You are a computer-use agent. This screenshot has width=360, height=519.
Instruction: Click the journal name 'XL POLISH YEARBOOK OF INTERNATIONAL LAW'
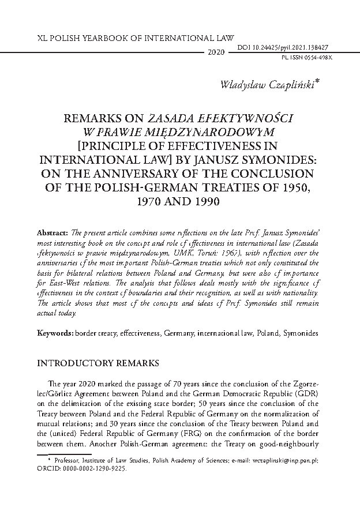coord(117,35)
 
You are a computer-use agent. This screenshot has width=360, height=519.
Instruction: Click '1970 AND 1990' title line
coord(180,202)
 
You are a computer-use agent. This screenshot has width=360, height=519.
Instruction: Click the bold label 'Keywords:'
coord(55,333)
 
